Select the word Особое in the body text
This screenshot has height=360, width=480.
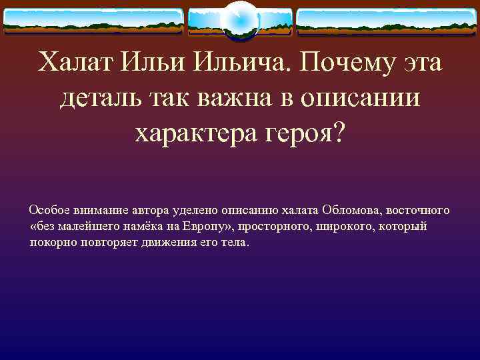click(47, 210)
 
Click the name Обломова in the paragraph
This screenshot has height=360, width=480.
click(354, 210)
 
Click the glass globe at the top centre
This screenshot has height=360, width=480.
click(239, 19)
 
